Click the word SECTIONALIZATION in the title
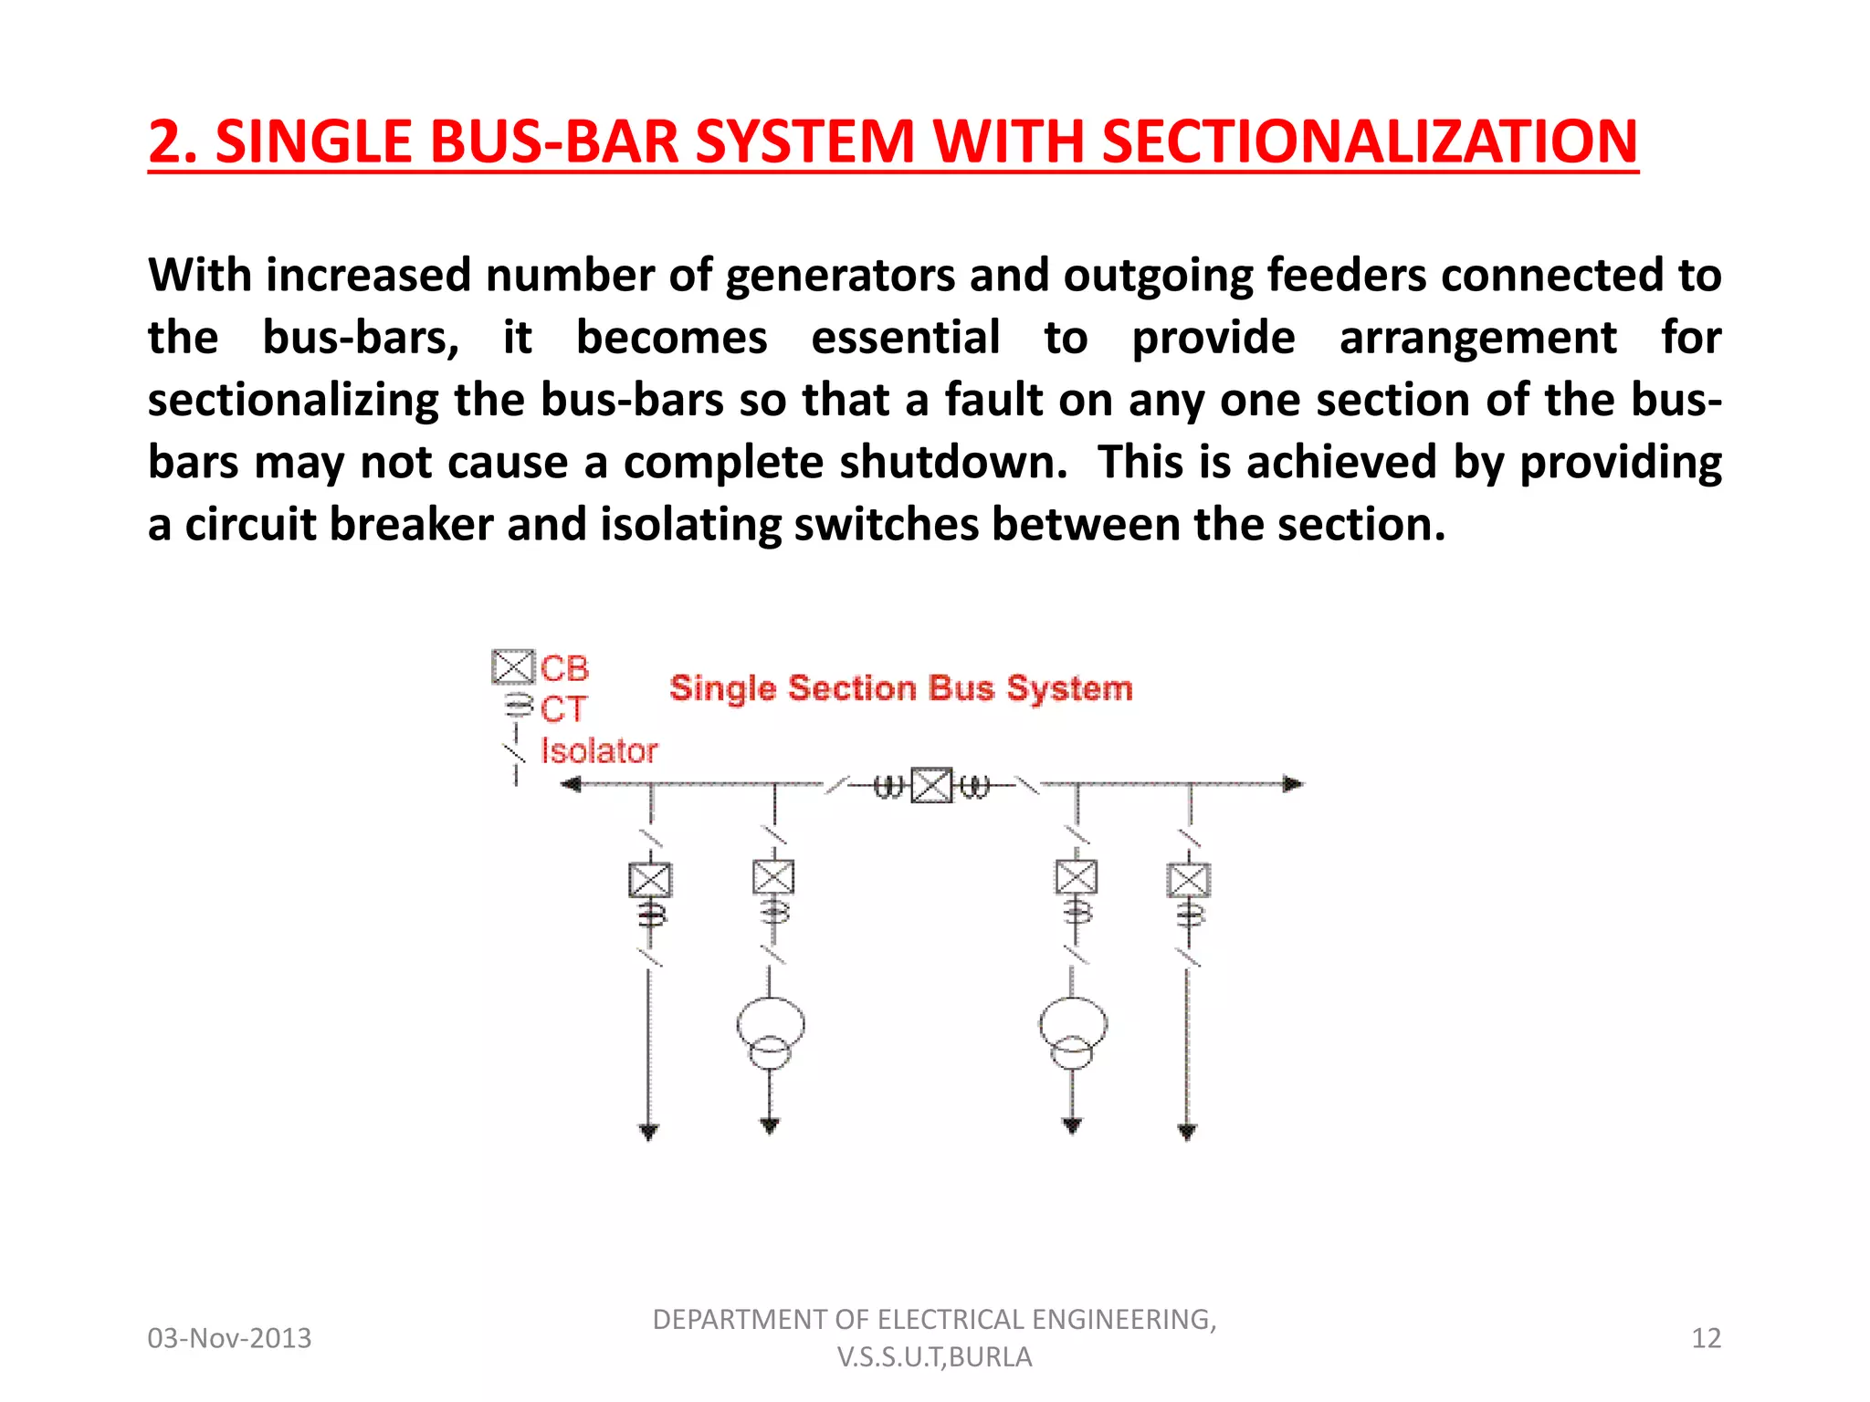pyautogui.click(x=1370, y=142)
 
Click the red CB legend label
pyautogui.click(x=564, y=668)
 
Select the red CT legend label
pyautogui.click(x=562, y=709)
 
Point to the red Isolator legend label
pyautogui.click(x=599, y=750)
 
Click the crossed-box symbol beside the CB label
pyautogui.click(x=512, y=667)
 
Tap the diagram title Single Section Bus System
pyautogui.click(x=900, y=688)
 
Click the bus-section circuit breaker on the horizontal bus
pyautogui.click(x=932, y=785)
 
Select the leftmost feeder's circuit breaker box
pyautogui.click(x=650, y=880)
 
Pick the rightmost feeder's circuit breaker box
pyautogui.click(x=1189, y=880)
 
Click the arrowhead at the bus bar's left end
pyautogui.click(x=571, y=784)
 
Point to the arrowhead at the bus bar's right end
pyautogui.click(x=1293, y=784)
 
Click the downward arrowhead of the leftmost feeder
pyautogui.click(x=648, y=1133)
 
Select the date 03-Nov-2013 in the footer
pyautogui.click(x=229, y=1338)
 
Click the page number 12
pyautogui.click(x=1706, y=1338)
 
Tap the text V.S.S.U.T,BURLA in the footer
pyautogui.click(x=934, y=1357)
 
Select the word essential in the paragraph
pyautogui.click(x=905, y=338)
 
